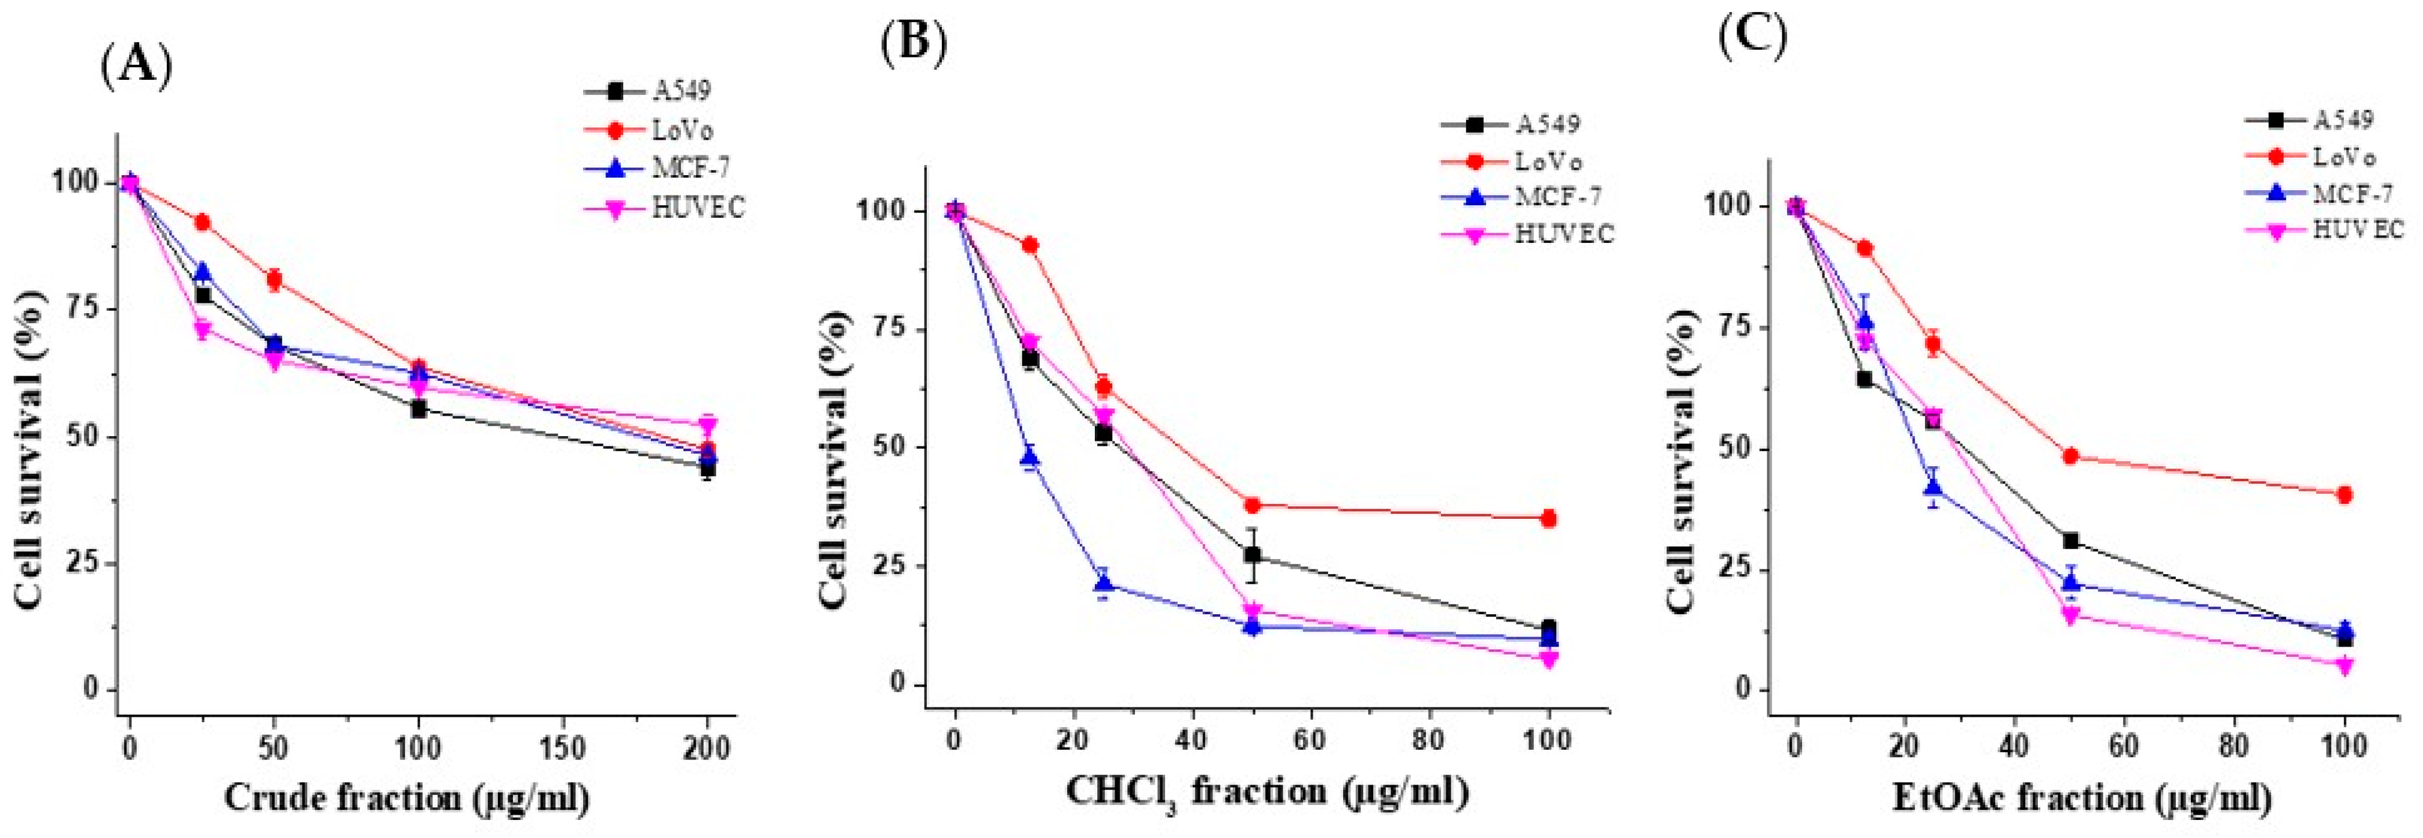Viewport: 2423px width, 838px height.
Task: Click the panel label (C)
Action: click(1751, 38)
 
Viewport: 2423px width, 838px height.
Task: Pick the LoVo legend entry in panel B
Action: click(1547, 162)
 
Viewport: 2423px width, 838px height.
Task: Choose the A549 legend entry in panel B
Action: click(1547, 124)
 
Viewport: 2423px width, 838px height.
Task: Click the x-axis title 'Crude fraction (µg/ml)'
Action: click(406, 798)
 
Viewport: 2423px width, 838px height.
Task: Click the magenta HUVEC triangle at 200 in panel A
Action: click(707, 425)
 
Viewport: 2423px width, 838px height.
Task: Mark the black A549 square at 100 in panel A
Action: click(419, 409)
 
